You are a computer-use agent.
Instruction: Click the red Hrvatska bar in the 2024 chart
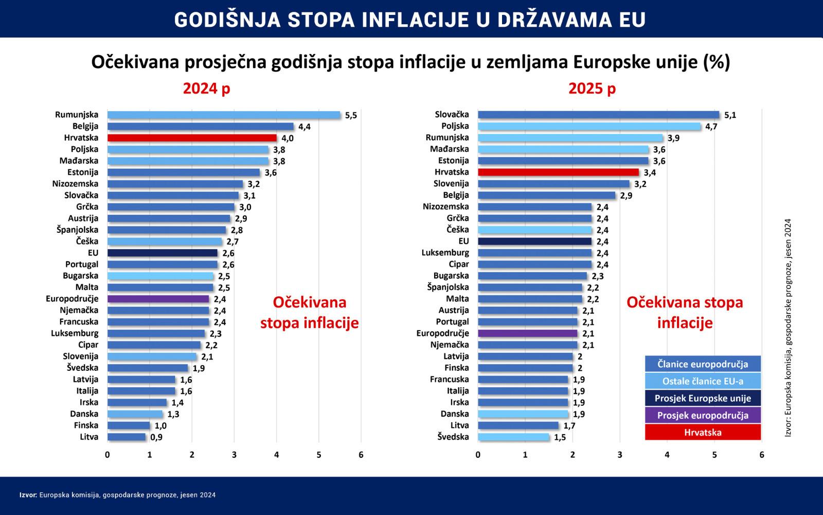192,138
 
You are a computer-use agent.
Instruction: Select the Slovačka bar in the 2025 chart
598,115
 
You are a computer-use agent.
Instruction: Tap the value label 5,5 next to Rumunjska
351,115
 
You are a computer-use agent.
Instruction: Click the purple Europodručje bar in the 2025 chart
527,333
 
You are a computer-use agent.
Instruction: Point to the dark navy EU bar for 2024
162,253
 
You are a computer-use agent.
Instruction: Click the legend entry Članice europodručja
703,364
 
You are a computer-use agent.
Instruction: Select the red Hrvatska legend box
703,432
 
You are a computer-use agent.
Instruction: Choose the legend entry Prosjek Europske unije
703,398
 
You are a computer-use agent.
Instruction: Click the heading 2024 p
206,89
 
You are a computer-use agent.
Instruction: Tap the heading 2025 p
592,89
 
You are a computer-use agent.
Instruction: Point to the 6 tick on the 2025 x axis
761,455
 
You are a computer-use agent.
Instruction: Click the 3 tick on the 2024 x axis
234,455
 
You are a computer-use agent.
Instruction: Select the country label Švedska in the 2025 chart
453,437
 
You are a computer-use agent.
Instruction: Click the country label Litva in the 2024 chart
88,437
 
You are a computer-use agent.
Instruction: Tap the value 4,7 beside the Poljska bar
711,127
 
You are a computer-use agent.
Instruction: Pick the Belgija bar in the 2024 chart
200,126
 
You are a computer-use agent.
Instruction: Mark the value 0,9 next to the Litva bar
156,437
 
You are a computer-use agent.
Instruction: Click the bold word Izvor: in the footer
28,495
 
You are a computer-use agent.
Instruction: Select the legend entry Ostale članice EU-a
703,381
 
